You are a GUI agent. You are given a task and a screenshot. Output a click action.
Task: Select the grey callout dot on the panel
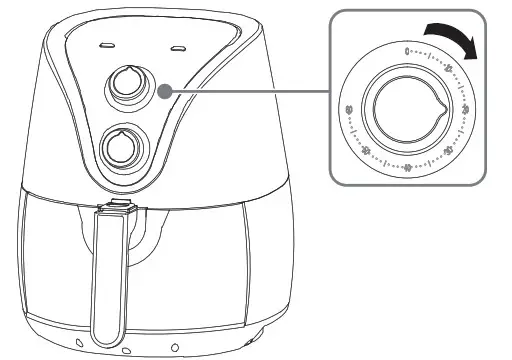click(x=163, y=92)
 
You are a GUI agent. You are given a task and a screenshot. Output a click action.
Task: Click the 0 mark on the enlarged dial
click(x=406, y=50)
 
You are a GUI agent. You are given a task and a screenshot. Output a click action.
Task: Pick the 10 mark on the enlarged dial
click(x=448, y=70)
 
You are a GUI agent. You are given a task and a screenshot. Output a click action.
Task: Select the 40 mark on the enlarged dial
click(x=406, y=165)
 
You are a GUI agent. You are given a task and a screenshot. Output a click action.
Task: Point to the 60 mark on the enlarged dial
click(x=347, y=109)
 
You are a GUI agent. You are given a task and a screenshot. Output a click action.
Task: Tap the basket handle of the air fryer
click(x=107, y=280)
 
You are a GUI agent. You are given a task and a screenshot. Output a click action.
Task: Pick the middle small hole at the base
click(x=126, y=351)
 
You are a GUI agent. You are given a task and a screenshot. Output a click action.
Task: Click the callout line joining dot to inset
click(x=250, y=92)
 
